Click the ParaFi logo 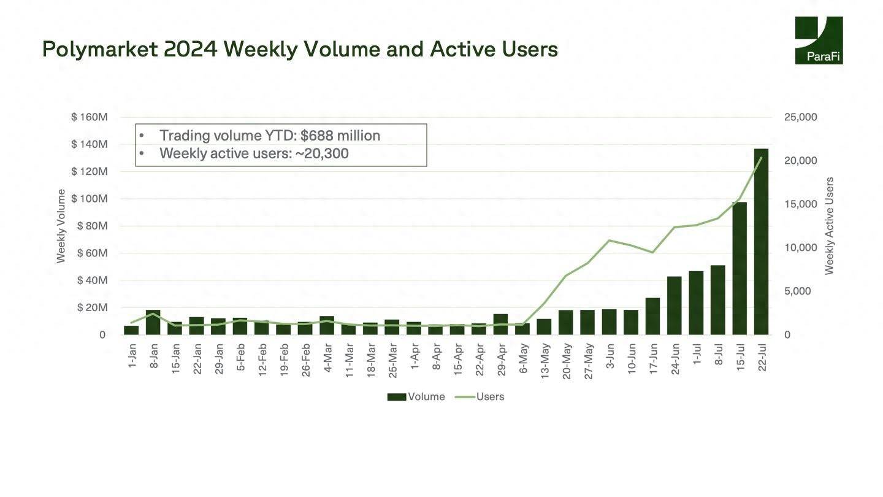[x=819, y=40]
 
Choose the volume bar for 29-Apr [x=500, y=324]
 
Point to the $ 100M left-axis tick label [x=90, y=199]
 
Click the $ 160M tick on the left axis [x=90, y=117]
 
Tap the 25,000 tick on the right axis [x=800, y=117]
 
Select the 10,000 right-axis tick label [x=800, y=248]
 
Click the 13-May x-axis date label [x=545, y=361]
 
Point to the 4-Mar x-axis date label [x=327, y=361]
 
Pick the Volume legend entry [x=416, y=397]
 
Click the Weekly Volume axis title [x=61, y=226]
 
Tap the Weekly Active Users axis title [x=830, y=226]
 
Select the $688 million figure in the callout [x=340, y=136]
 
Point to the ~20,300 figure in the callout [x=322, y=153]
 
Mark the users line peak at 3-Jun [x=609, y=240]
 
